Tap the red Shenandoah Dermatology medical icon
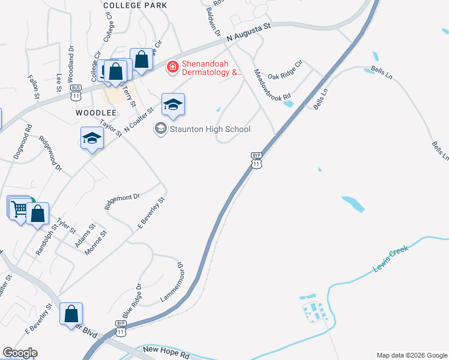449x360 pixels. point(173,67)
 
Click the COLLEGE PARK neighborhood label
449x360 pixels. point(134,5)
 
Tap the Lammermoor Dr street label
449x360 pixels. point(171,282)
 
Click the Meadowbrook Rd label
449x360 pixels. point(273,85)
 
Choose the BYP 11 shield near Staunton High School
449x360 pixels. point(256,160)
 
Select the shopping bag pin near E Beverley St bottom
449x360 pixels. point(71,314)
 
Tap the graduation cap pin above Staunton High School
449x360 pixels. point(173,104)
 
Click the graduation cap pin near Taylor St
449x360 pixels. point(92,139)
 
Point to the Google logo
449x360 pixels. point(20,353)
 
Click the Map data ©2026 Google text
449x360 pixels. point(412,355)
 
